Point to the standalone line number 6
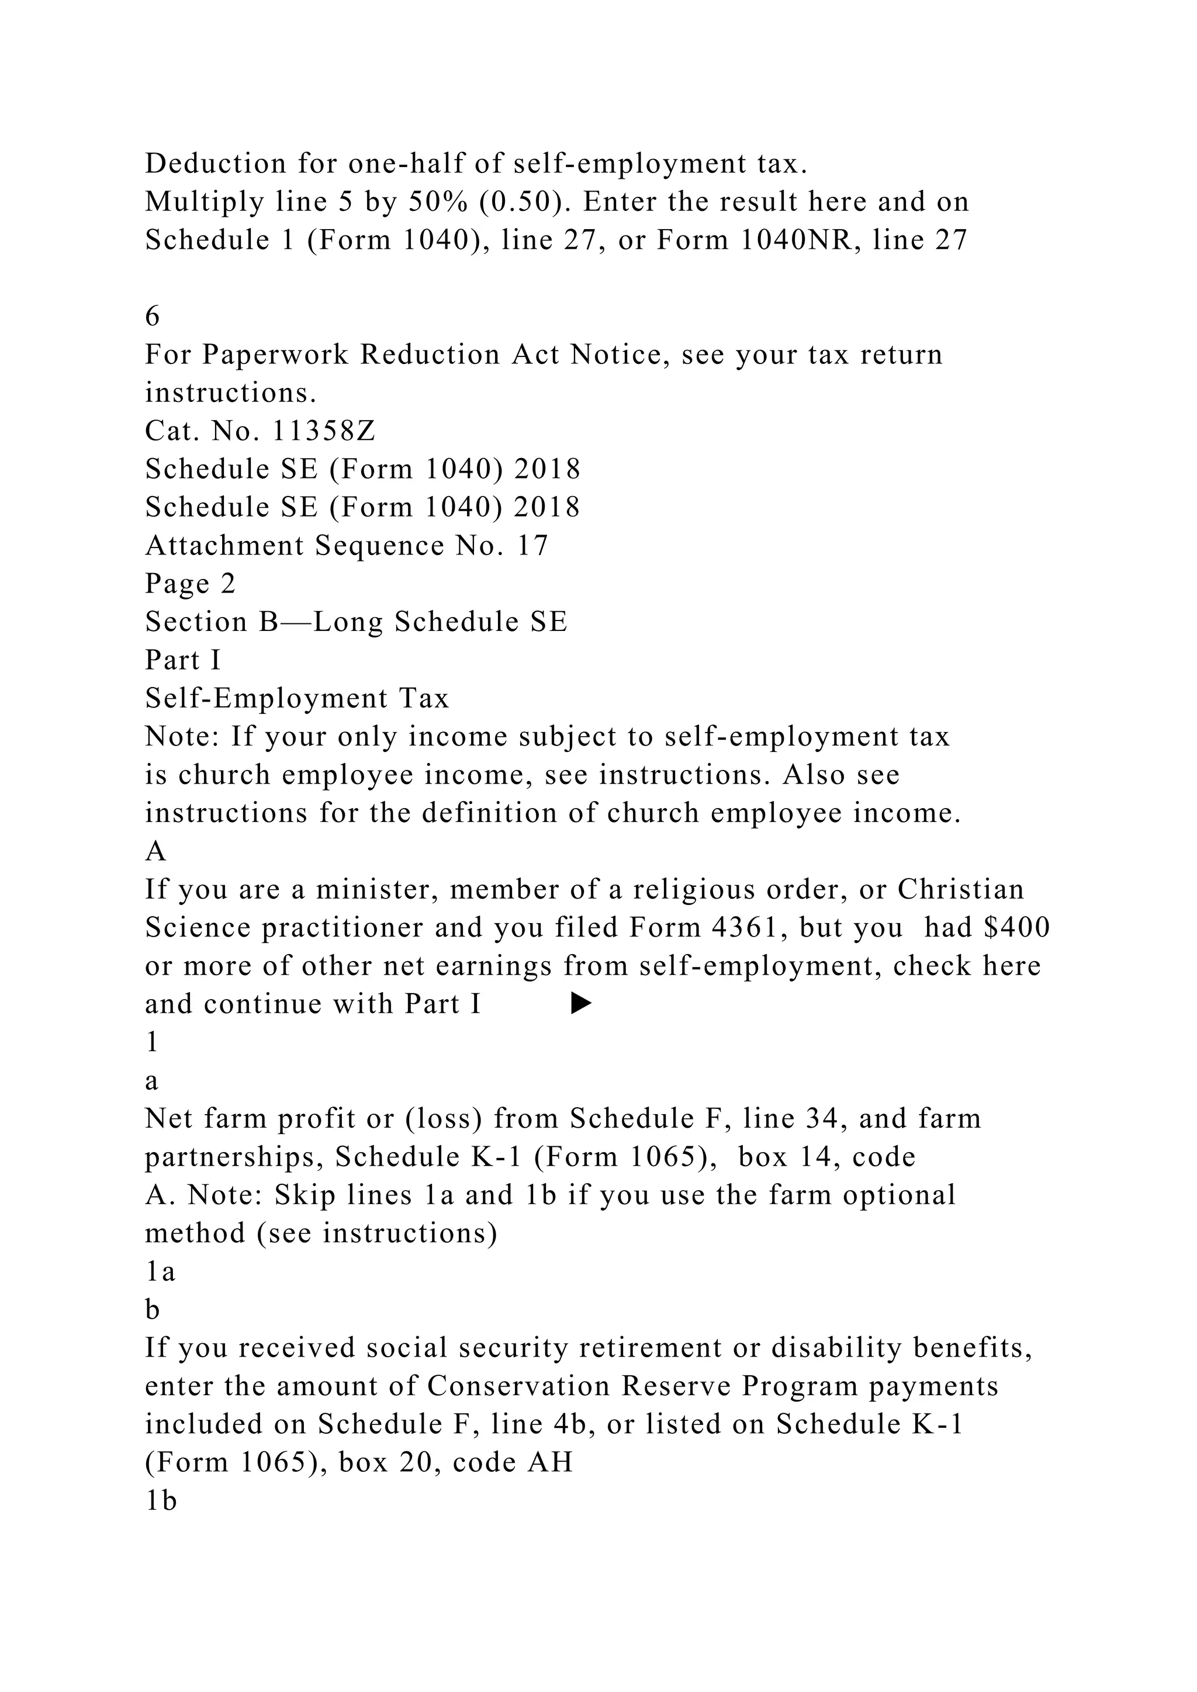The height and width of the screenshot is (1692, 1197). coord(153,316)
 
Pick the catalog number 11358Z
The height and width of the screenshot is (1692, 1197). coord(324,431)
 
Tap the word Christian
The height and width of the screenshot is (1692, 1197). coord(960,889)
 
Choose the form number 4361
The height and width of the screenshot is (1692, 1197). coord(743,928)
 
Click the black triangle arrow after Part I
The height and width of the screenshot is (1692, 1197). coord(582,1004)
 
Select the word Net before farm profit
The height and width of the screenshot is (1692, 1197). coord(169,1119)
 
